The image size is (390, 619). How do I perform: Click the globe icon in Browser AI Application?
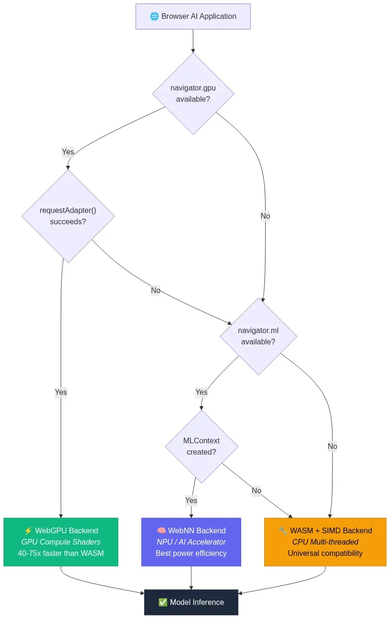pyautogui.click(x=154, y=16)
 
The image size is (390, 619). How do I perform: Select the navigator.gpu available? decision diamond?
pyautogui.click(x=193, y=93)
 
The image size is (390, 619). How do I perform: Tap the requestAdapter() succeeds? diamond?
pyautogui.click(x=68, y=216)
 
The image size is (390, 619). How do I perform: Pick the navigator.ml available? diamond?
pyautogui.click(x=258, y=336)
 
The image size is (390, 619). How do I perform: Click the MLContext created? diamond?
pyautogui.click(x=201, y=446)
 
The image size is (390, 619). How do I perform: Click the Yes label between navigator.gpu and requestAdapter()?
pyautogui.click(x=68, y=152)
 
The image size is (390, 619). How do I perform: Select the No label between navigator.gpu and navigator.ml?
pyautogui.click(x=265, y=216)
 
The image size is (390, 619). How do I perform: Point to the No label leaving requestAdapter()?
pyautogui.click(x=155, y=290)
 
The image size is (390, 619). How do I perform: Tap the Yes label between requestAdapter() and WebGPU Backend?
pyautogui.click(x=61, y=392)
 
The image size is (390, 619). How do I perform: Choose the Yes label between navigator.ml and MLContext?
pyautogui.click(x=201, y=392)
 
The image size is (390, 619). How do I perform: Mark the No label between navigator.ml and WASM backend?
pyautogui.click(x=332, y=446)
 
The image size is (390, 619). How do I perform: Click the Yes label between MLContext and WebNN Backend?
pyautogui.click(x=191, y=500)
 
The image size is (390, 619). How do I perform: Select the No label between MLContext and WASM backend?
pyautogui.click(x=256, y=490)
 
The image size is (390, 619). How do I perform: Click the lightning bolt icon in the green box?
pyautogui.click(x=28, y=531)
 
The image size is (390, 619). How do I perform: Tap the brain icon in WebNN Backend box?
pyautogui.click(x=161, y=531)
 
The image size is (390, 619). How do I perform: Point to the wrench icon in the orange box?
pyautogui.click(x=283, y=531)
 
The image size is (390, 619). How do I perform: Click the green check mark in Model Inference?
pyautogui.click(x=163, y=602)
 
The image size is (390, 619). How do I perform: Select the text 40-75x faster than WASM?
pyautogui.click(x=61, y=553)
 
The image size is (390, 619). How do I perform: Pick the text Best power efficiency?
pyautogui.click(x=191, y=553)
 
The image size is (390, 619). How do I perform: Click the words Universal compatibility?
pyautogui.click(x=325, y=553)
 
